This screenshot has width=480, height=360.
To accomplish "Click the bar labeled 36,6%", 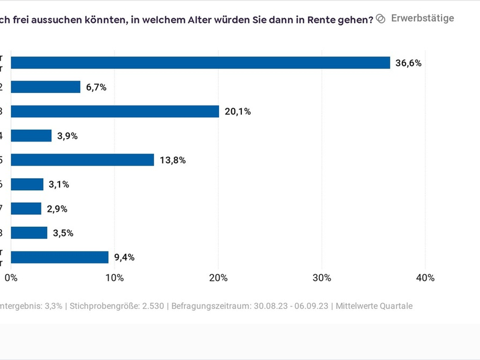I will click(200, 63).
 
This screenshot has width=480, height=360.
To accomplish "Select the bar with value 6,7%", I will click(46, 87).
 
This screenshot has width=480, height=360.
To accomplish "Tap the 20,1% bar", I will click(115, 112).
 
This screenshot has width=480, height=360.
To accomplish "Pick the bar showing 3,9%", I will click(31, 136).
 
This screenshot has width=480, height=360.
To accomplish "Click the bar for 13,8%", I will click(82, 160).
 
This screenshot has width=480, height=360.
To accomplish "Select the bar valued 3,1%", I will click(27, 184).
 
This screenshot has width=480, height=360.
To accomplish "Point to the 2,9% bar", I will click(26, 209).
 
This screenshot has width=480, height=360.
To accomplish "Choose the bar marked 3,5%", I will click(29, 233).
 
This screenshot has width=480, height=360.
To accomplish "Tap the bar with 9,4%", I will click(59, 257).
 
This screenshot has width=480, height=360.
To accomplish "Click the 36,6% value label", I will click(409, 63).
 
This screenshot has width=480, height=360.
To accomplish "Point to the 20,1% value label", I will click(237, 112).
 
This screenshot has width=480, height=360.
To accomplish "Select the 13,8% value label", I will click(172, 160).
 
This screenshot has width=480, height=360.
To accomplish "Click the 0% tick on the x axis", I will click(11, 278).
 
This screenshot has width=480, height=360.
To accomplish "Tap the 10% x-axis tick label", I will click(115, 278).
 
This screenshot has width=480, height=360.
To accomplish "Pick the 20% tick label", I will click(218, 278).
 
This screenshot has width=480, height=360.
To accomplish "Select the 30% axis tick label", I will click(322, 278).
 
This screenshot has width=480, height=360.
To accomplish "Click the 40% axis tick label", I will click(425, 278).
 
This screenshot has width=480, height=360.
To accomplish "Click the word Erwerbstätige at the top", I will click(422, 18).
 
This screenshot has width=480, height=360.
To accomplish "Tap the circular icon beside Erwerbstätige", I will click(380, 19).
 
